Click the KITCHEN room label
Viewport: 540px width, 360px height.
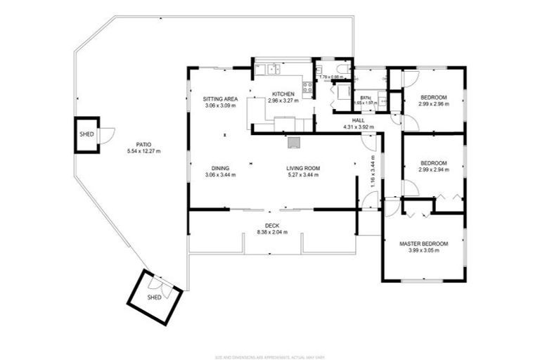283,94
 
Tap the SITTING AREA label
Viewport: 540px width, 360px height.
220,99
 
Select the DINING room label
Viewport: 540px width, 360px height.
220,168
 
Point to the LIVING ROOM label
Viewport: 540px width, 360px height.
303,168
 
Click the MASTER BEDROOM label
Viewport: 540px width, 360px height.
423,244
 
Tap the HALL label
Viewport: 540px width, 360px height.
358,121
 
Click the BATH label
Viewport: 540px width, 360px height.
366,98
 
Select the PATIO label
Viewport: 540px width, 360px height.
143,146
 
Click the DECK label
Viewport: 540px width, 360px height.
272,226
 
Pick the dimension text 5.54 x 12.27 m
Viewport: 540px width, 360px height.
143,152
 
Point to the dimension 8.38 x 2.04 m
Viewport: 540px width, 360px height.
272,232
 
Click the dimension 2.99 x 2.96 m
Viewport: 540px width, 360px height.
433,104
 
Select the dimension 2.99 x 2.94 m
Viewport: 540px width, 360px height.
433,169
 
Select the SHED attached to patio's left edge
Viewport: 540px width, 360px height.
87,134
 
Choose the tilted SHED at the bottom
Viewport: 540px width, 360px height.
155,297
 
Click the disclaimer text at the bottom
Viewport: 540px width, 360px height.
271,356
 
